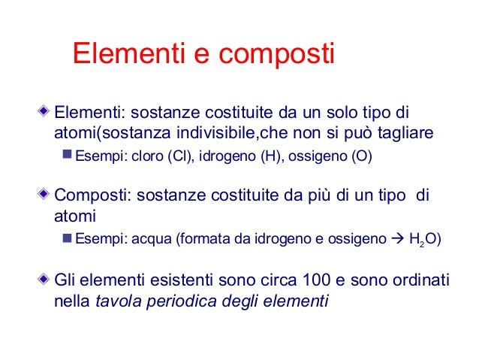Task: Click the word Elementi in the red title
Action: click(125, 54)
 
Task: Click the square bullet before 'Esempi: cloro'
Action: click(66, 157)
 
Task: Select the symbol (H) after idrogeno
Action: click(269, 157)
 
